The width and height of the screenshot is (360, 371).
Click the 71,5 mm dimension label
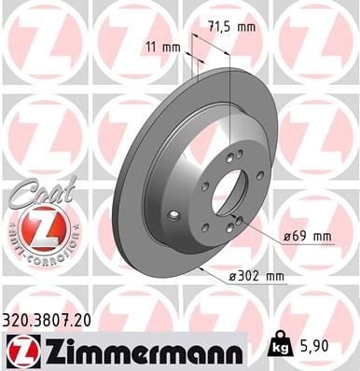[x=231, y=27]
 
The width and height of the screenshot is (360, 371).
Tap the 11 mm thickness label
[x=163, y=48]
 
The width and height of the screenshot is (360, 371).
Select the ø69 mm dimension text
[x=307, y=237]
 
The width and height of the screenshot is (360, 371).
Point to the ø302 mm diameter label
[x=256, y=276]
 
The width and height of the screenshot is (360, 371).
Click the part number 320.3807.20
[x=47, y=321]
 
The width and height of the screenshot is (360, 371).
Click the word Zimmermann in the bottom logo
[x=143, y=351]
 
